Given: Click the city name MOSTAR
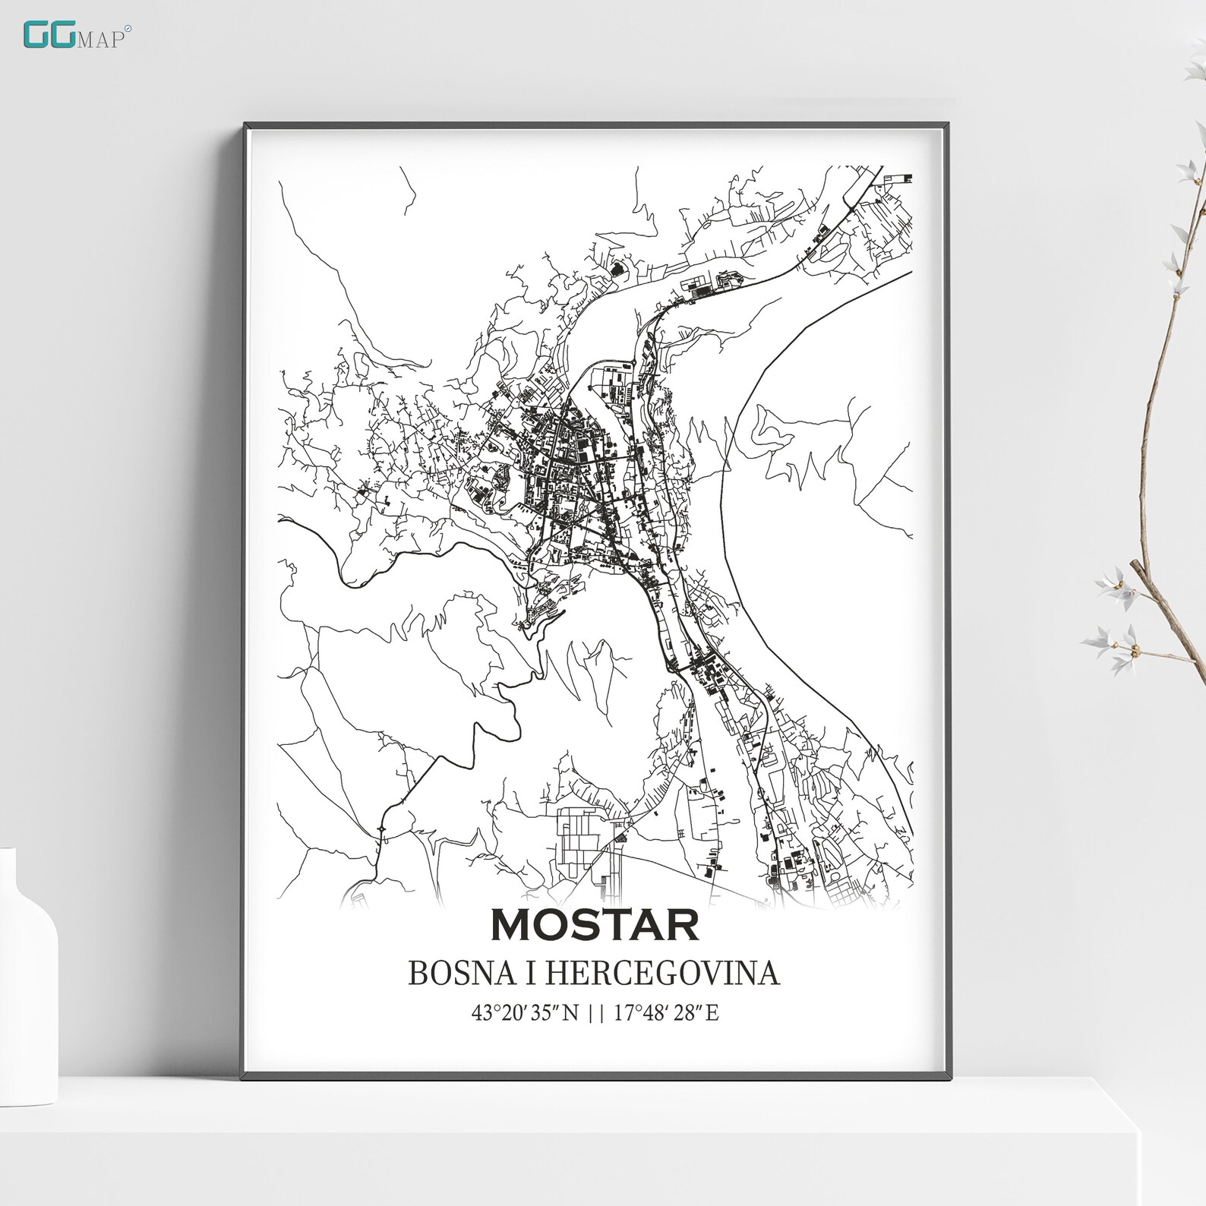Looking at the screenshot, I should (x=595, y=924).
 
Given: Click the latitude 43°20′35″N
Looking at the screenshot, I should (x=525, y=1012).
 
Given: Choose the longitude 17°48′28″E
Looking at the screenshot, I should (x=666, y=1012).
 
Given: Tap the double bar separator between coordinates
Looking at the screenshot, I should (x=596, y=1012).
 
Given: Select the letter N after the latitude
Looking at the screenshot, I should (x=570, y=1012).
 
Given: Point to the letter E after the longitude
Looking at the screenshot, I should (x=712, y=1012).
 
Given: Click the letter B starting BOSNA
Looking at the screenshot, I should (x=418, y=973).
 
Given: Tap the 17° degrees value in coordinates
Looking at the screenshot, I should (x=625, y=1012).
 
